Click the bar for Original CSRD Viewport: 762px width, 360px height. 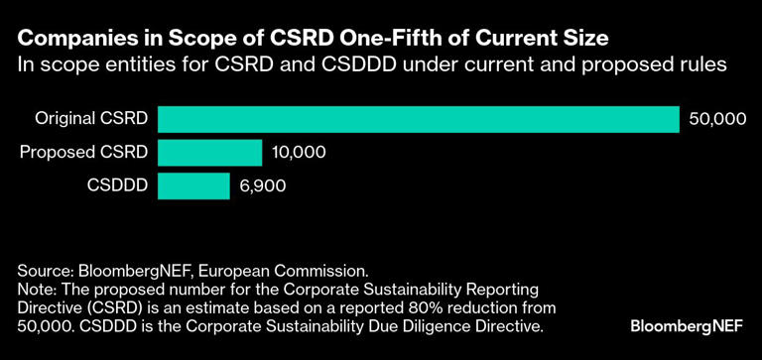417,119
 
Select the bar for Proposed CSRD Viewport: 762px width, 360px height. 209,152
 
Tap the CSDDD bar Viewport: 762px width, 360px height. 192,185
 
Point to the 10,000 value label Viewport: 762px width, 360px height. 298,153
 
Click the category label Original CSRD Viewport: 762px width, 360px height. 91,119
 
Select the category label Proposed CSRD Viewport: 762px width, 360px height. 83,152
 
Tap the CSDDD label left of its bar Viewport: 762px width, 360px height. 117,185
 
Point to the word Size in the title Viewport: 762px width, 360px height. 584,40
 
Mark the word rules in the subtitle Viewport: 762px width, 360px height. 698,65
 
